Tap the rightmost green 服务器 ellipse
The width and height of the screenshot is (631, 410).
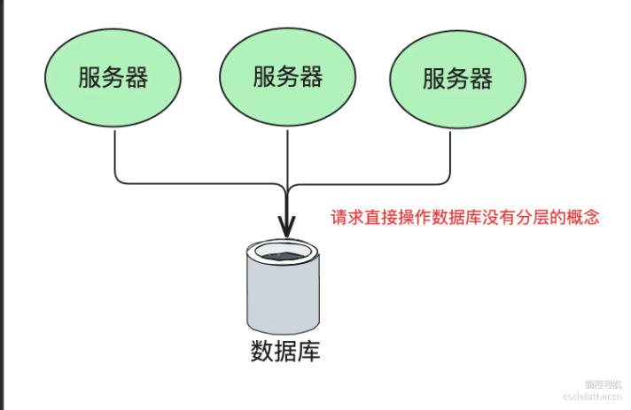(457, 79)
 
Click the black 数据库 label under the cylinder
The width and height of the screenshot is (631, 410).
(284, 352)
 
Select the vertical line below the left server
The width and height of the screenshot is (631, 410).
(115, 155)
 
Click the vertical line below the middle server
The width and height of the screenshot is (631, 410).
(287, 159)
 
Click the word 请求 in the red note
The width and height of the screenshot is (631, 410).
(347, 217)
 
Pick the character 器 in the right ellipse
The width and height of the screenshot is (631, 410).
(480, 79)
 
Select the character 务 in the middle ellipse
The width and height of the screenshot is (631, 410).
(287, 77)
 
